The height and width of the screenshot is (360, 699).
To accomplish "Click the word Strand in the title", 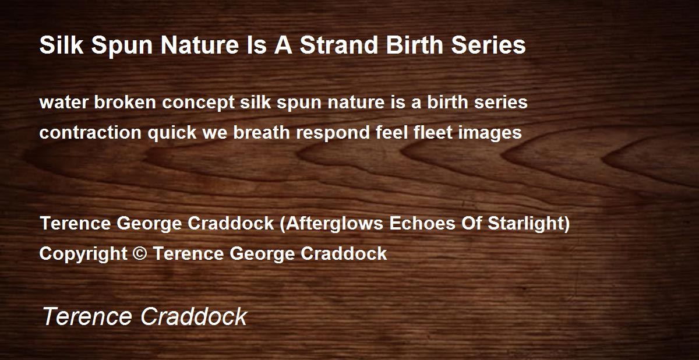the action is [x=340, y=45].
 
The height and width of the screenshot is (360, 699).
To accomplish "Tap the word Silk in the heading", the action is [x=62, y=45].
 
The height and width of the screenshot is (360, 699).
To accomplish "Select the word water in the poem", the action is [x=63, y=103].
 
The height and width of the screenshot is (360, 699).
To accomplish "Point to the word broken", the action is [x=125, y=102].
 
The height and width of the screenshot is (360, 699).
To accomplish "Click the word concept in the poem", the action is [x=198, y=103].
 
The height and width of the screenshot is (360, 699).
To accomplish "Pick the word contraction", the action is [x=90, y=133].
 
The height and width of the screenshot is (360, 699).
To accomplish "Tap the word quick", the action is [x=172, y=133].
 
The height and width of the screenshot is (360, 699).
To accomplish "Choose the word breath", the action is [x=262, y=132].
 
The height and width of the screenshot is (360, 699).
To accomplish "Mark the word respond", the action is [x=333, y=133].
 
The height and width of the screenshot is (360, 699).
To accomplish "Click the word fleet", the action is [x=433, y=132].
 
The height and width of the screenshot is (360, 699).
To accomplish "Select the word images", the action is [x=490, y=133].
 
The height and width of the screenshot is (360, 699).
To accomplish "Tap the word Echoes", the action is [x=422, y=223].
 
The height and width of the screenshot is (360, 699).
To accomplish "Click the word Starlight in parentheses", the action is [x=525, y=224].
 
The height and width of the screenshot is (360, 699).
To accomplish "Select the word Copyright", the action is [x=83, y=253].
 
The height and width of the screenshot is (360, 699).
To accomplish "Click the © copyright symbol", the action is [x=139, y=253].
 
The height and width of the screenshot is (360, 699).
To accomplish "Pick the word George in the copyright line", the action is [x=262, y=254].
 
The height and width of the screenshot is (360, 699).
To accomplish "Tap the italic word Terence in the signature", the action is [x=87, y=316].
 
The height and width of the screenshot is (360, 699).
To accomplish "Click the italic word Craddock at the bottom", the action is [x=194, y=316].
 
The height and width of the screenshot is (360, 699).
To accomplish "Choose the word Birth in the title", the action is [x=414, y=45].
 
